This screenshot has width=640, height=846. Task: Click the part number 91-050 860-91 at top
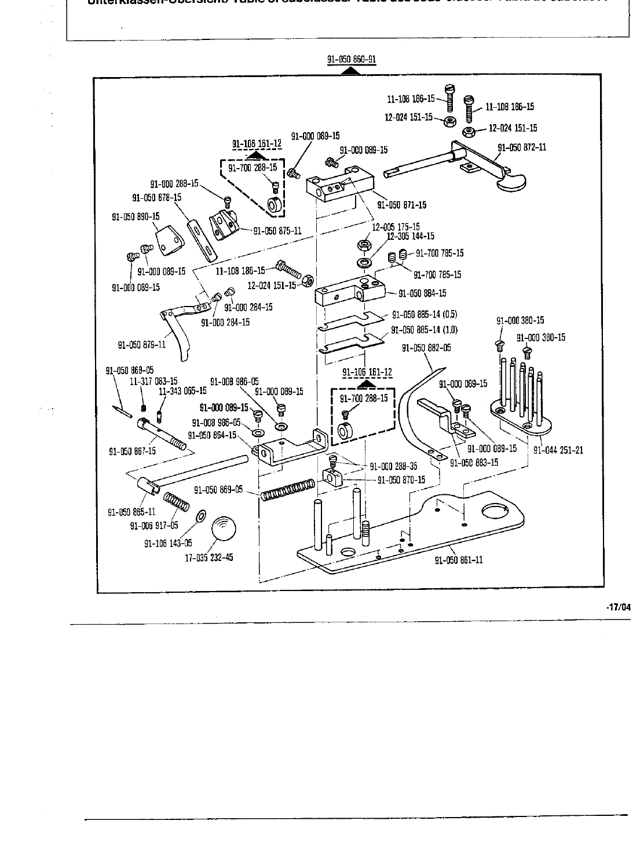point(352,60)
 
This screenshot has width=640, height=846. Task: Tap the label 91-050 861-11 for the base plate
point(458,560)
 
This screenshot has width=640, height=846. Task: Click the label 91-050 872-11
point(522,147)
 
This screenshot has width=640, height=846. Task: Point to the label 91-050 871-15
point(402,205)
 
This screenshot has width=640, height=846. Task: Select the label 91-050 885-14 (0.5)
point(425,315)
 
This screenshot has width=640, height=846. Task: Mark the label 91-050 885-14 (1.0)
point(424,330)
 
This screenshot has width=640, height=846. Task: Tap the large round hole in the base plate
point(494,511)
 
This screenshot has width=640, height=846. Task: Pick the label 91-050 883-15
point(474,462)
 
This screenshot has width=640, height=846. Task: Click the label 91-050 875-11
point(277,230)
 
